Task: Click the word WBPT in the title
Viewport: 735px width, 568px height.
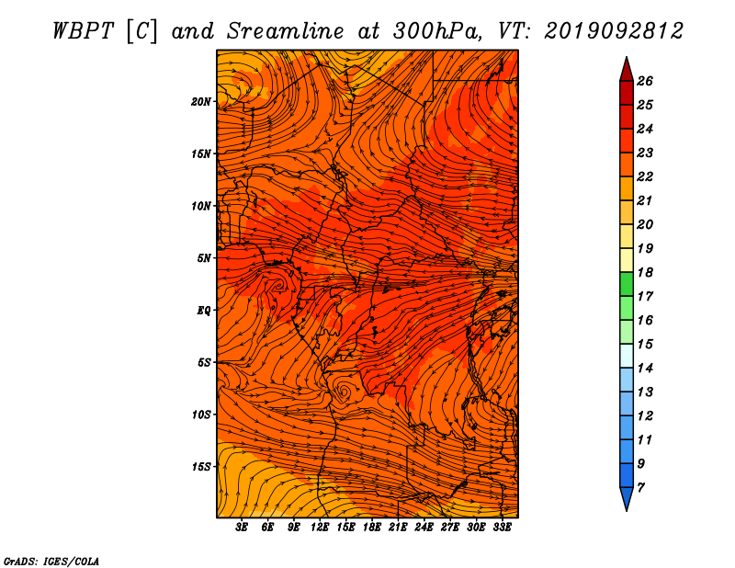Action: pos(83,31)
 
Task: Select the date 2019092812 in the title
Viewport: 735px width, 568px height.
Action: pos(613,31)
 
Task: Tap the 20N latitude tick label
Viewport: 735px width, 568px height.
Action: pos(201,102)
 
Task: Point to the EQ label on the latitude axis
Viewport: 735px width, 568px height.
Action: pos(203,311)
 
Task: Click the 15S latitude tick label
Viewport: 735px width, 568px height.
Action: pos(201,467)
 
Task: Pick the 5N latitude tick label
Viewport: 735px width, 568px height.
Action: pos(204,258)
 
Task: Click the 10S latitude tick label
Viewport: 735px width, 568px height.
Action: pos(201,415)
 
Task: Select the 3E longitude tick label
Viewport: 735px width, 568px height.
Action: pos(242,527)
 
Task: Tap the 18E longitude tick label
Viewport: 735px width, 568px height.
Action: pos(372,527)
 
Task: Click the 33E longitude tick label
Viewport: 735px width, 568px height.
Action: pos(502,527)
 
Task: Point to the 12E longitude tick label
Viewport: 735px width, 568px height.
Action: pos(320,527)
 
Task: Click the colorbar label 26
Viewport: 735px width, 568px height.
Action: pos(645,81)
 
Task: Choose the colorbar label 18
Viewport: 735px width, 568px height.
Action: pos(645,272)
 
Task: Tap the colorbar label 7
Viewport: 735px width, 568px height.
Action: pos(640,488)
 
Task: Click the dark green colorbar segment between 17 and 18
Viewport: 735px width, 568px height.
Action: pos(627,284)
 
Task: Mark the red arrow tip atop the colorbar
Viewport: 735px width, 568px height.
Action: pos(627,57)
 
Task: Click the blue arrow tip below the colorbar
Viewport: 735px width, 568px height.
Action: pos(627,510)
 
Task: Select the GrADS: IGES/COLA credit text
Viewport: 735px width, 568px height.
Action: pos(51,561)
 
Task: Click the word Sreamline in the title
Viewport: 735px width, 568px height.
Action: pos(286,31)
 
